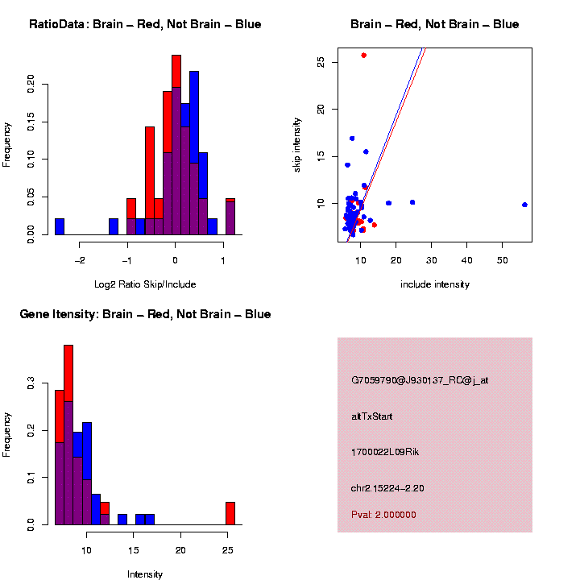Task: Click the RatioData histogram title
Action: tap(145, 24)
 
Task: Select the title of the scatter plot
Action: tap(435, 24)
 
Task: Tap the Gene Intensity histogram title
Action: tap(145, 314)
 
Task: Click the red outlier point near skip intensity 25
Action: tap(364, 55)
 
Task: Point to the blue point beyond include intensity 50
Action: tap(524, 205)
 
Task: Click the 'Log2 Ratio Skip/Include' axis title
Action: tap(144, 284)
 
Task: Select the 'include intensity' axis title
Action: tap(434, 284)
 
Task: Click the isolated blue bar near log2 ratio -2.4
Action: tap(60, 227)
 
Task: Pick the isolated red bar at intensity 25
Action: tap(230, 513)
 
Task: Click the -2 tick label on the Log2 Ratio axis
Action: tap(81, 260)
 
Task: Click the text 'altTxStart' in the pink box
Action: tap(371, 416)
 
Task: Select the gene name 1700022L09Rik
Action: tap(385, 452)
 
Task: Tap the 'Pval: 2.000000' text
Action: tap(383, 515)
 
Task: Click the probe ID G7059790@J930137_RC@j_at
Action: tap(419, 380)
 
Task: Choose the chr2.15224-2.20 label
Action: tap(387, 488)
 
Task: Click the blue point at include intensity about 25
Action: tap(412, 202)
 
